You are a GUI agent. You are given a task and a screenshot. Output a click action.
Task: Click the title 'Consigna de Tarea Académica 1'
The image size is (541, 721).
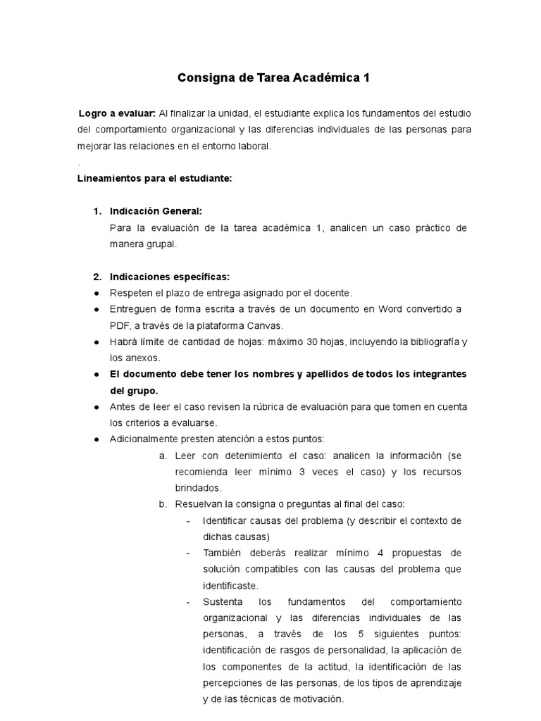tap(273, 78)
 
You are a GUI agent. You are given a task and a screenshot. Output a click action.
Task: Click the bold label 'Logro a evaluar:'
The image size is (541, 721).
tap(118, 114)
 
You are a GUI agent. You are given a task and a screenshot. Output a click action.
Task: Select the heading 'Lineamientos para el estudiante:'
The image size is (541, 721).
tap(154, 179)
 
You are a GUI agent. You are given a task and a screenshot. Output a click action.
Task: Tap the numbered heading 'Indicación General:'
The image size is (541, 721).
tap(156, 211)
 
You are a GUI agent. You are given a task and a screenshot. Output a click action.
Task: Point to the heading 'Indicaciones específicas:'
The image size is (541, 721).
tap(170, 276)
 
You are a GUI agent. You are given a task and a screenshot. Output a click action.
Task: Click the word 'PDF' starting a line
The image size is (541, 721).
tap(120, 325)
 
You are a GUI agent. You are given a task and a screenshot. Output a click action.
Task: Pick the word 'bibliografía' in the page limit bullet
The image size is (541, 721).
tap(429, 341)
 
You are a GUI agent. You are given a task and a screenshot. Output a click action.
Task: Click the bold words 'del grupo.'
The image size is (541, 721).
tap(134, 390)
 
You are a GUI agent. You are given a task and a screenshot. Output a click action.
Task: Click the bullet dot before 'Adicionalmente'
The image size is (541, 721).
tap(96, 439)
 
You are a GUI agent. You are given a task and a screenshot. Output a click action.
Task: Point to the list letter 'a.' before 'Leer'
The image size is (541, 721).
tap(163, 456)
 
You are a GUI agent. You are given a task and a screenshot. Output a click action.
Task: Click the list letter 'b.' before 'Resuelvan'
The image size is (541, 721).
tap(163, 504)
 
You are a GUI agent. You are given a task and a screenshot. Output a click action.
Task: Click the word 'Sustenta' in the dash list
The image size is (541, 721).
tap(223, 602)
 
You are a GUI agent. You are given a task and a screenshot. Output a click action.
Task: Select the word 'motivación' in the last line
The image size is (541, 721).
tap(316, 699)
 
